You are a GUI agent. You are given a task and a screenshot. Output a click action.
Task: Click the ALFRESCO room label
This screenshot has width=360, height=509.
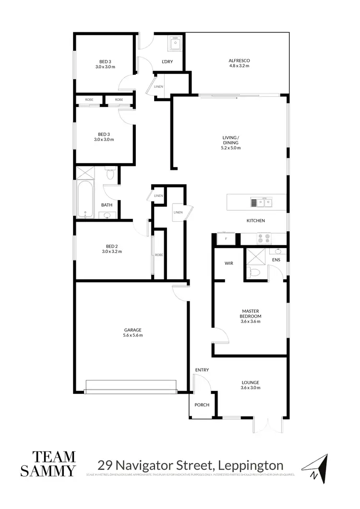239,60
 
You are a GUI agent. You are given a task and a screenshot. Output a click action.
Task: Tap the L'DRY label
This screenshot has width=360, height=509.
167,62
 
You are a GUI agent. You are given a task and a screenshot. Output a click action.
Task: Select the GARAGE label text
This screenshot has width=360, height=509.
133,330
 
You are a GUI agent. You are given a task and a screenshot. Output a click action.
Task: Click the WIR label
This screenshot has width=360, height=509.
228,263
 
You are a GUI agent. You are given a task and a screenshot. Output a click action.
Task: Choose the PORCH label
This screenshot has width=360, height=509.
202,405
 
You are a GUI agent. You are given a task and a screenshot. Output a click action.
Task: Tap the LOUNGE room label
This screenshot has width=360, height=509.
251,382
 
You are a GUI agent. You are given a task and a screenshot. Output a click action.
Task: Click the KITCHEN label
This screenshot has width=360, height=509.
256,221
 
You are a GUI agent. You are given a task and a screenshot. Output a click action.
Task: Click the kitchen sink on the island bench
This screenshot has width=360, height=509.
261,202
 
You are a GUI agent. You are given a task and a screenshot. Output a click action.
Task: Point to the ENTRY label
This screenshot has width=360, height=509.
202,370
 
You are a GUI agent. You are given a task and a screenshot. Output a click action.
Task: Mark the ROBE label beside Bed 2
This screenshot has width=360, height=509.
159,255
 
